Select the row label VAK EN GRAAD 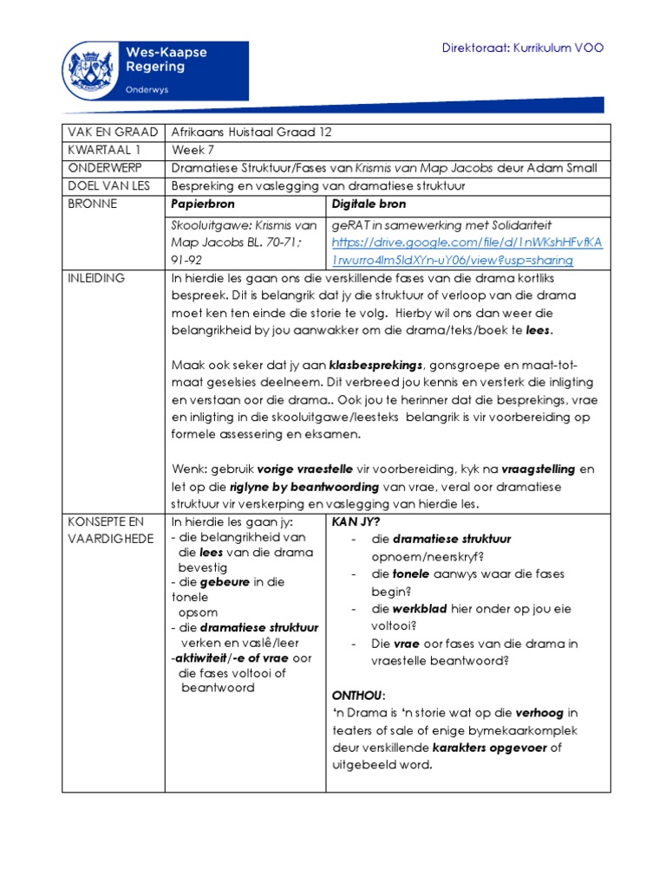[111, 133]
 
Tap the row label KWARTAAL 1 [102, 149]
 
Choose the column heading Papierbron [204, 203]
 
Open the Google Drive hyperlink [467, 252]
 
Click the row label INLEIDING [96, 278]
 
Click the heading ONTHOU [357, 696]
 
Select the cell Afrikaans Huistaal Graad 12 [251, 133]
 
